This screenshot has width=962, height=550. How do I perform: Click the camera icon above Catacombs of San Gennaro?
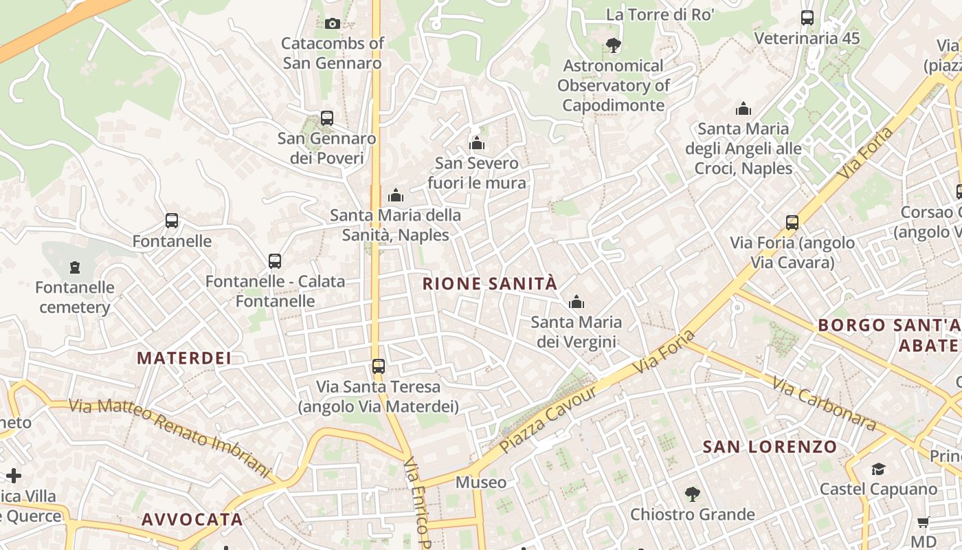point(332,24)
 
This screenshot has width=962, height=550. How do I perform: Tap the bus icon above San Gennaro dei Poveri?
point(327,118)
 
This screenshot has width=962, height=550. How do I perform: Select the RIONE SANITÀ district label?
point(489,283)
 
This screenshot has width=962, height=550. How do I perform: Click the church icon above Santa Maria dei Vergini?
point(576,302)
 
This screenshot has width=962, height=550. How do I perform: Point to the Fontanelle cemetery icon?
point(75,267)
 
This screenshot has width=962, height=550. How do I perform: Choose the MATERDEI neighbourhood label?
point(184,357)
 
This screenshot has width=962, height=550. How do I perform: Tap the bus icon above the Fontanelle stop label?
point(172,221)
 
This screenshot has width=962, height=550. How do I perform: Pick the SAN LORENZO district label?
point(770,447)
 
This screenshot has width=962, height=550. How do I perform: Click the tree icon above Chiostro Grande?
point(692,494)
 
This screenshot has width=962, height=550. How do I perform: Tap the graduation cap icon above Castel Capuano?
point(878,469)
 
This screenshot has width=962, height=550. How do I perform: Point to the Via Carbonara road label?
point(824,403)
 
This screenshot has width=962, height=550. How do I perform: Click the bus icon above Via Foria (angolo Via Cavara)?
point(792,223)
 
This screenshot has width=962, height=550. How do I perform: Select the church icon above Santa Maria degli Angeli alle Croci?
point(743,109)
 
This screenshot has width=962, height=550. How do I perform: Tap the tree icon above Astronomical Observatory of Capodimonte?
point(613,46)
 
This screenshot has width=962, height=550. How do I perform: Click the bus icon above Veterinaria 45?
point(807,18)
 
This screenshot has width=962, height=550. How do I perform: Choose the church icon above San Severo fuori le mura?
point(476,143)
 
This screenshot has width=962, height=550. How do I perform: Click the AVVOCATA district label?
point(192,519)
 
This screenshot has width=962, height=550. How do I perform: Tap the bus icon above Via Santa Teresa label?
point(378,366)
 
